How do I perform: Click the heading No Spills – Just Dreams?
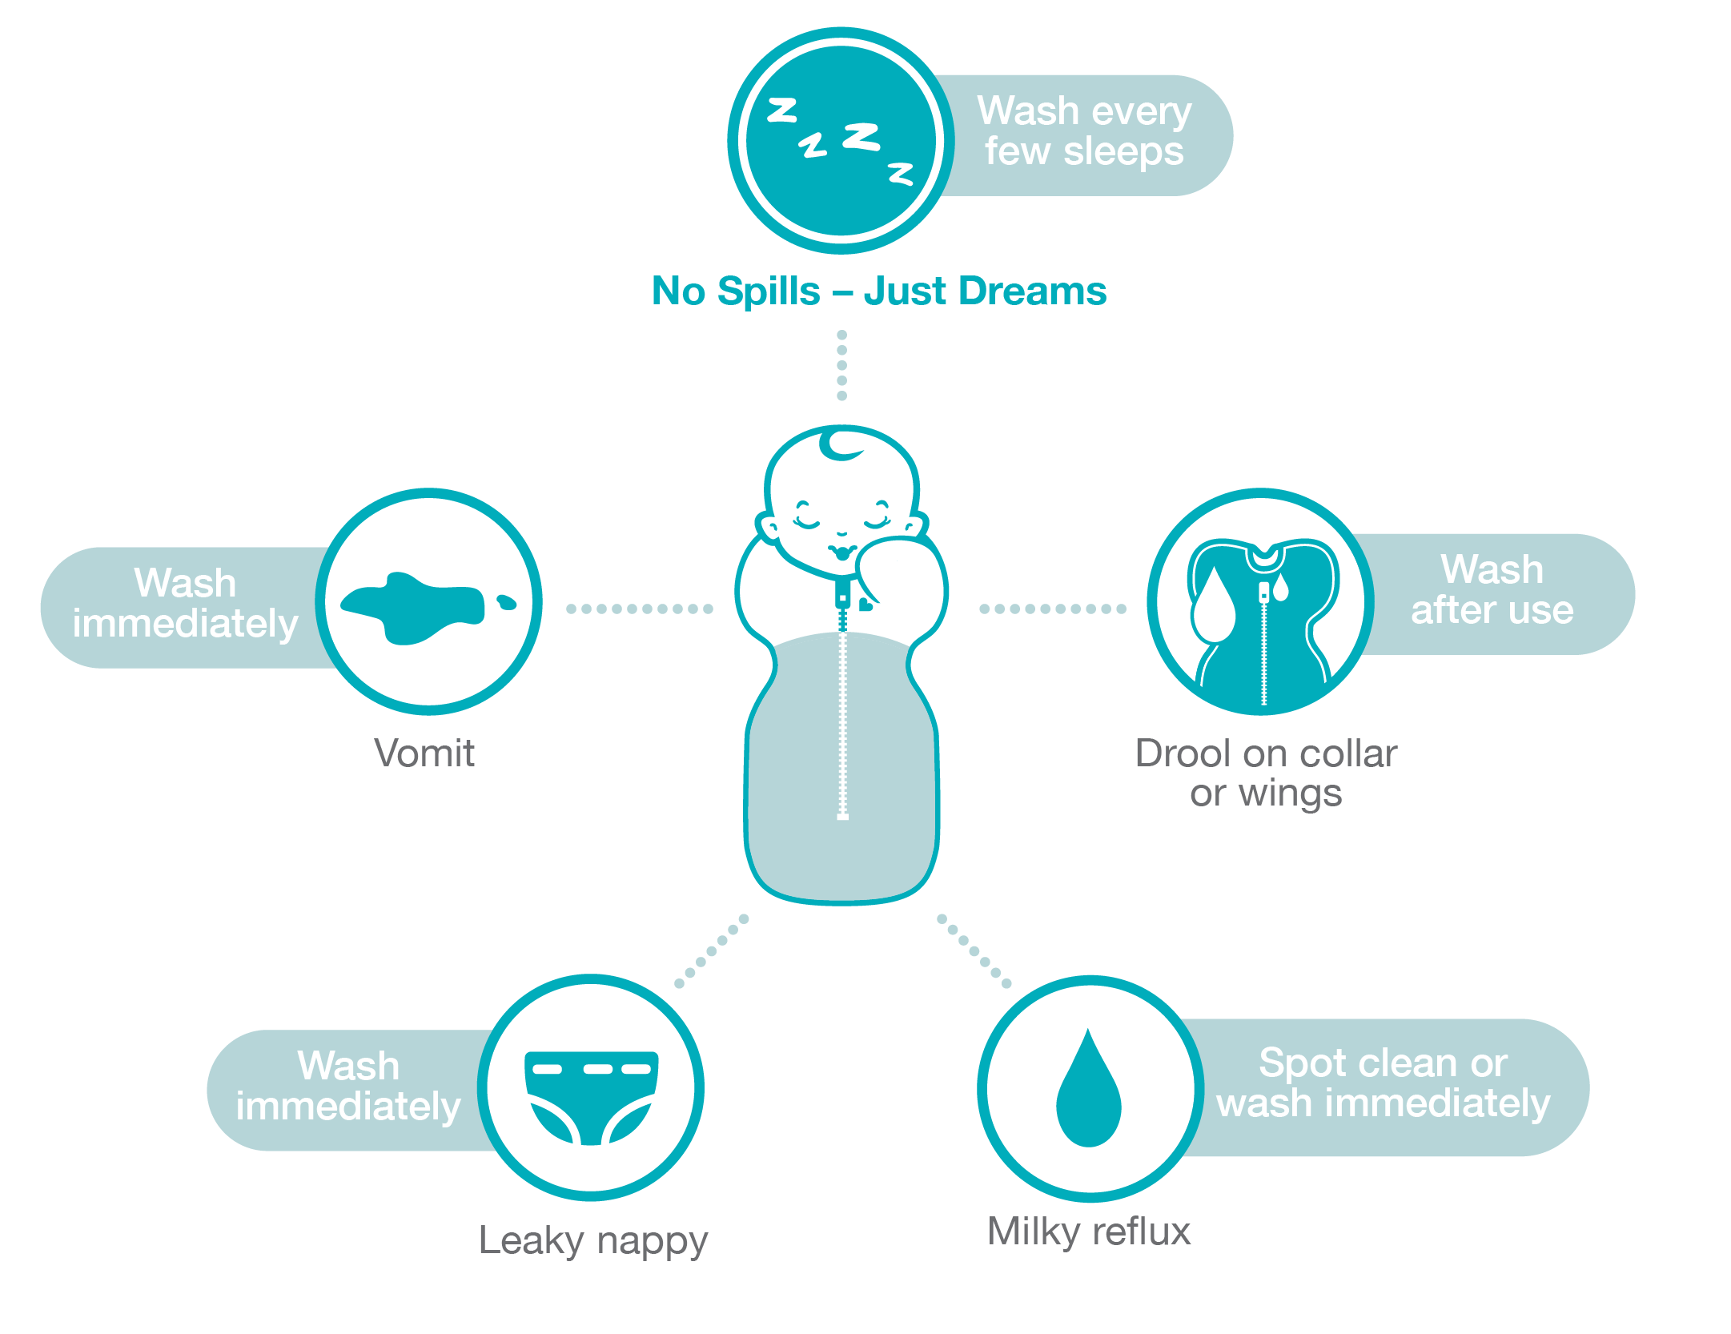878,291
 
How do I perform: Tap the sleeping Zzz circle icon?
840,141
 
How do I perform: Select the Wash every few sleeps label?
1084,131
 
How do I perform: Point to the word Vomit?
424,753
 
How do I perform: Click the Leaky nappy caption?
592,1240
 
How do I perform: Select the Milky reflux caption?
1089,1231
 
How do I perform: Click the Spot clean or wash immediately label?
1383,1083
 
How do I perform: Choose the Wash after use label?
1492,590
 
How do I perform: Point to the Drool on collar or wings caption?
1266,773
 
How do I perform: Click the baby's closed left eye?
805,519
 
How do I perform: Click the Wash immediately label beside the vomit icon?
185,603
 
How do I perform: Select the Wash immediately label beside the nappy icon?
348,1086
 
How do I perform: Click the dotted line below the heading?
841,365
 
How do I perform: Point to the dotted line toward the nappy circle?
711,951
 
